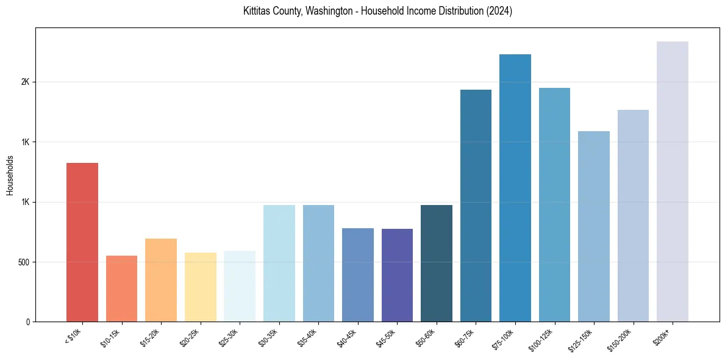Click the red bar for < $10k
pos(82,242)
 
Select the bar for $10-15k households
pos(121,289)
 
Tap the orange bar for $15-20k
pos(161,280)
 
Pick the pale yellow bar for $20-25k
pos(201,287)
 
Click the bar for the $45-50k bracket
pos(397,275)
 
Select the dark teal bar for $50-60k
pos(437,263)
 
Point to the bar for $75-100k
pos(515,188)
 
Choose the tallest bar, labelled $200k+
pos(673,181)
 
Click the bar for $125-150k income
pos(594,226)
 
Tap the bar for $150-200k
pos(633,215)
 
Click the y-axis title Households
pos(10,175)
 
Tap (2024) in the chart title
pos(499,11)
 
